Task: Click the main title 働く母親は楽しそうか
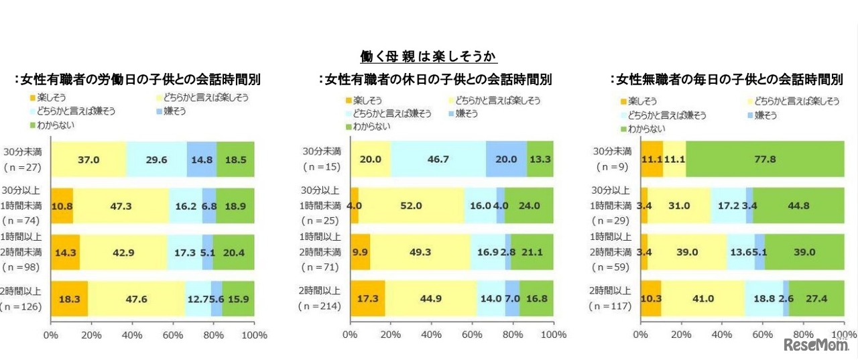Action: (x=429, y=56)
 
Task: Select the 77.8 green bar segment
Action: (x=765, y=160)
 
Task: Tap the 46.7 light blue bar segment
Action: (x=438, y=160)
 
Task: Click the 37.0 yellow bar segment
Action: (x=88, y=160)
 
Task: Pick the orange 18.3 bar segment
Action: (x=70, y=298)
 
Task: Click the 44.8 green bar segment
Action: (x=798, y=206)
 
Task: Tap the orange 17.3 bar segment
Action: (x=367, y=298)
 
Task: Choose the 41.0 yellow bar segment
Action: (x=703, y=298)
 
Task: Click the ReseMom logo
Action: (x=816, y=345)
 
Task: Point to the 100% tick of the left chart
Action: (x=254, y=335)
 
